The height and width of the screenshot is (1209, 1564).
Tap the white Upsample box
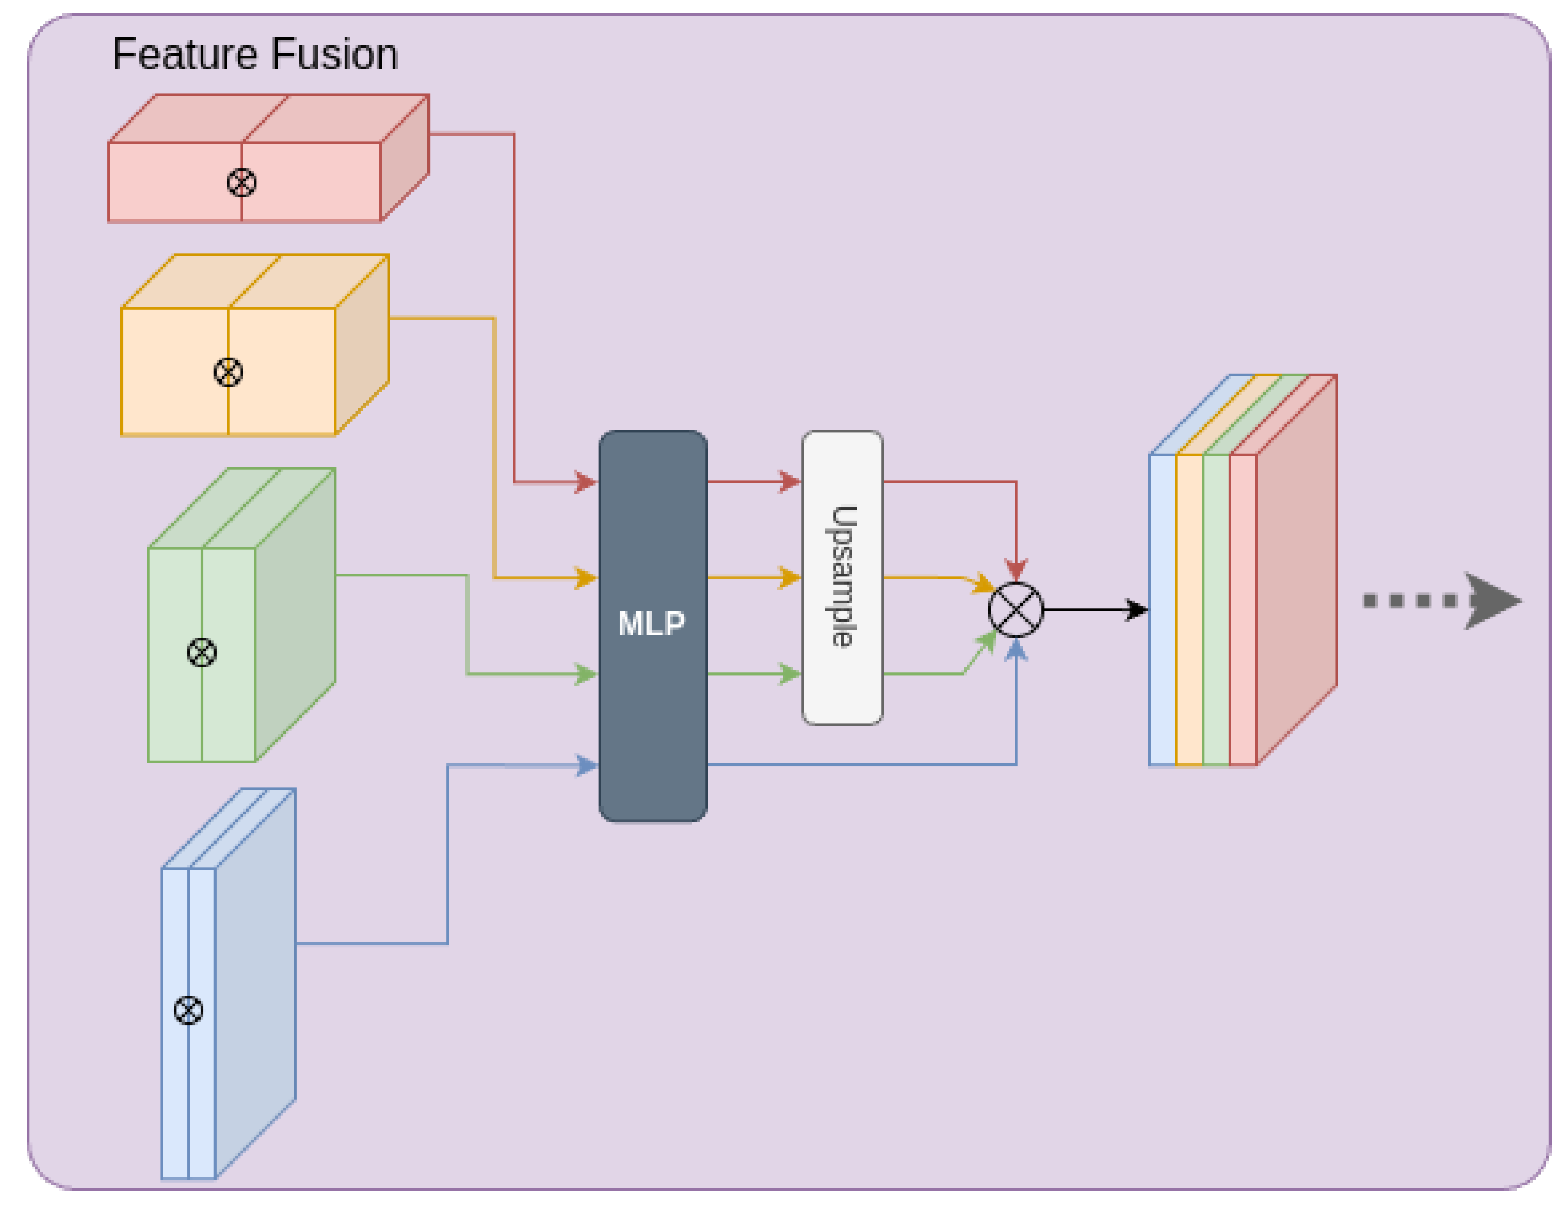coord(842,577)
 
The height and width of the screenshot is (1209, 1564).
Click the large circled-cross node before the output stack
coord(1016,609)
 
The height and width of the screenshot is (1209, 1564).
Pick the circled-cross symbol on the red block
coord(241,182)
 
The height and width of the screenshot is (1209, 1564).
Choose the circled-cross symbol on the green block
coord(201,652)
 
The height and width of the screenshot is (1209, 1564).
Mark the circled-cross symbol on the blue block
coord(188,1010)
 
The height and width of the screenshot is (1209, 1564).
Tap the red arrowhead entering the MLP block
coord(586,482)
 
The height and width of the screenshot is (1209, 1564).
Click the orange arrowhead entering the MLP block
coord(586,577)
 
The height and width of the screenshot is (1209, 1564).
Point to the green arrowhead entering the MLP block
coord(586,674)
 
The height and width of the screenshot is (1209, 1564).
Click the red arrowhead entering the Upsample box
coord(789,481)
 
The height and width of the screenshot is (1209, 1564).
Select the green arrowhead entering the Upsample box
coord(789,674)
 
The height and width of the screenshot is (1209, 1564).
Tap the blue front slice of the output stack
coord(1162,609)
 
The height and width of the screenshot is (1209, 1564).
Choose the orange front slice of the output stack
coord(1189,609)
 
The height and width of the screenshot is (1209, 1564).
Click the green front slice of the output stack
coord(1216,609)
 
